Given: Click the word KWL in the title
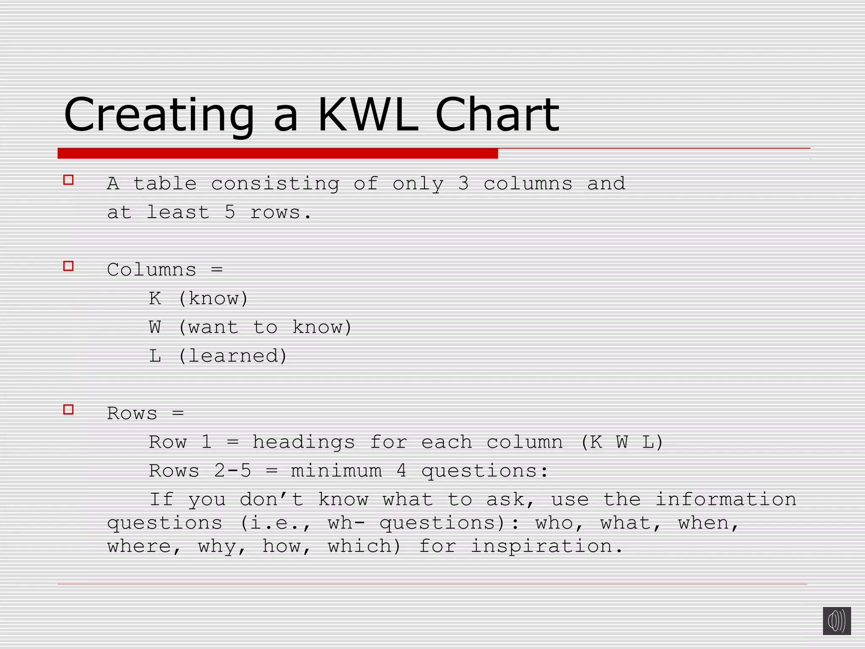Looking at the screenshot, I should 367,115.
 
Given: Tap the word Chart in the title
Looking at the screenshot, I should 497,115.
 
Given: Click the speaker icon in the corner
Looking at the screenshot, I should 836,621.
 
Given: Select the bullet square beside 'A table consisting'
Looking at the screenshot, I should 68,180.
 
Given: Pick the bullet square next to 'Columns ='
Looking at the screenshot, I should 68,266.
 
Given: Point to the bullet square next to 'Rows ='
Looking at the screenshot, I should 68,409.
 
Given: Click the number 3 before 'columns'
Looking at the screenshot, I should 463,184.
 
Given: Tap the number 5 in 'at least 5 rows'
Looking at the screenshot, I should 230,213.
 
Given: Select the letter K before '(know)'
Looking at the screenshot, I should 155,299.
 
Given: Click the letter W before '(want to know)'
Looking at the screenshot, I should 155,327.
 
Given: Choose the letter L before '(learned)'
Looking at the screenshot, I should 155,356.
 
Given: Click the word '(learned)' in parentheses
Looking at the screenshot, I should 233,356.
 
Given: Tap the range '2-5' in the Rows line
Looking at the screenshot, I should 233,471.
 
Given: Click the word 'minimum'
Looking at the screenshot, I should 336,471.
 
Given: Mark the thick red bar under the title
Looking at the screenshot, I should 277,153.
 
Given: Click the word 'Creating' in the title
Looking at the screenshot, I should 159,115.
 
